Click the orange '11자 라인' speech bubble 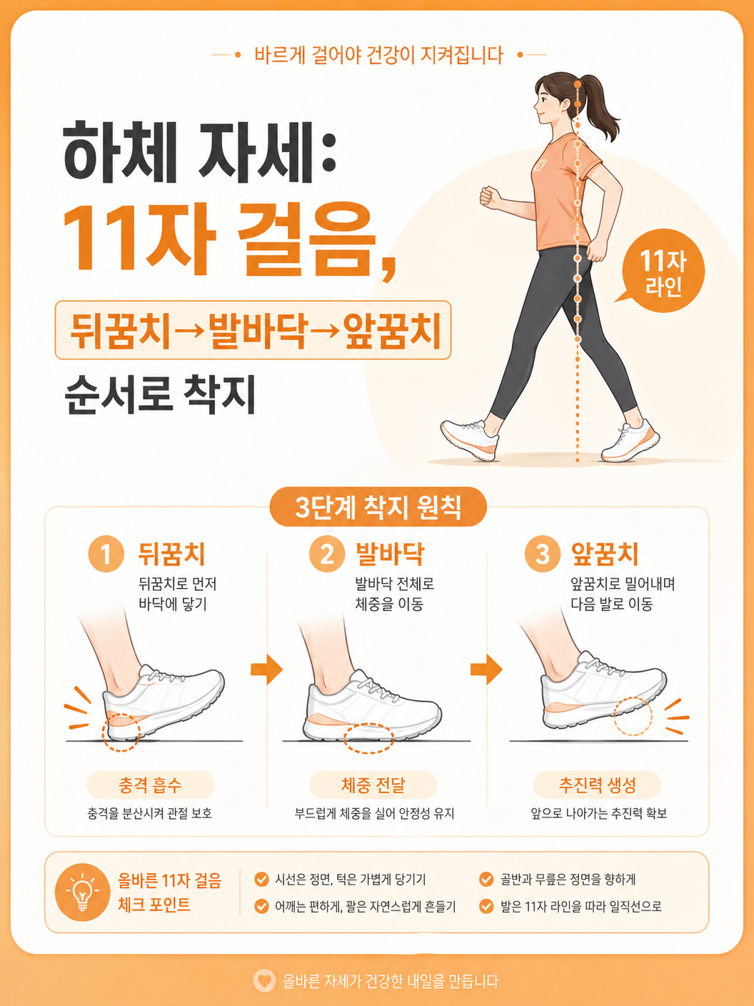point(663,271)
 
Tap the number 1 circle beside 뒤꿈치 point(106,554)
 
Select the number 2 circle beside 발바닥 point(327,554)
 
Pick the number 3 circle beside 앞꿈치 point(543,554)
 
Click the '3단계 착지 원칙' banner point(378,507)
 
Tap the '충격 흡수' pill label point(151,785)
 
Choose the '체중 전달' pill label point(373,785)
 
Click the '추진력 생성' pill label point(597,785)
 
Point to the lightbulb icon point(82,892)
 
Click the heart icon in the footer point(264,981)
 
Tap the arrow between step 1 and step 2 point(267,669)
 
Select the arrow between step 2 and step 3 point(487,669)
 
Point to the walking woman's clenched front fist point(490,197)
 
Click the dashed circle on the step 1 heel point(121,732)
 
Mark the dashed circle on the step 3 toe point(633,717)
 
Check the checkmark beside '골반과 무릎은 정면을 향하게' point(486,880)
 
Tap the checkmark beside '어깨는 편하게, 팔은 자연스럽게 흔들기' point(261,906)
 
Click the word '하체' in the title point(121,151)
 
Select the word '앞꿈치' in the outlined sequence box point(392,330)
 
